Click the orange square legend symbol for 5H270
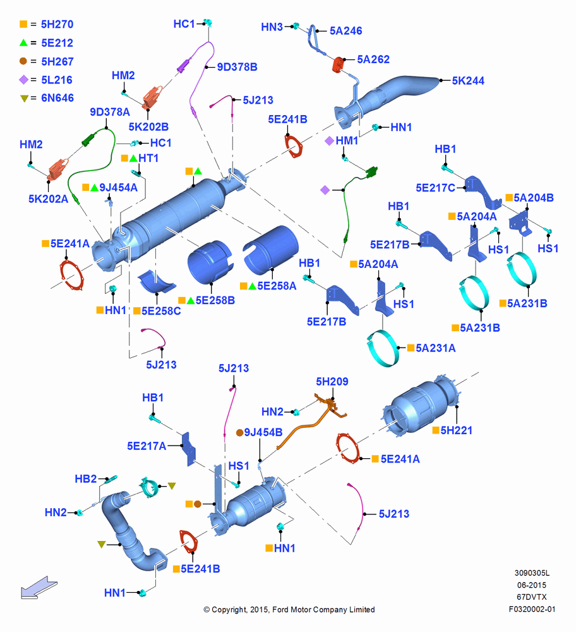coord(23,24)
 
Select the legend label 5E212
coord(57,43)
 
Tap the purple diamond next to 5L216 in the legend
coord(24,80)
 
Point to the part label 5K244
coord(468,81)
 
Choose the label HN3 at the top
coord(272,27)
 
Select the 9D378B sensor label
coord(237,67)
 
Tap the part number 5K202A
coord(49,198)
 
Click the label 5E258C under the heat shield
coord(160,311)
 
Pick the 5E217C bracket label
coord(435,188)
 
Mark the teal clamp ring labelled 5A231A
coord(383,349)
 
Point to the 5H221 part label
coord(457,430)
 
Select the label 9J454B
coord(263,432)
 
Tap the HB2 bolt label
coord(86,479)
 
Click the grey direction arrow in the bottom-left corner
coord(39,588)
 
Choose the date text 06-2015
coord(532,585)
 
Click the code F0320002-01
coord(532,609)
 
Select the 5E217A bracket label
coord(147,446)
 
